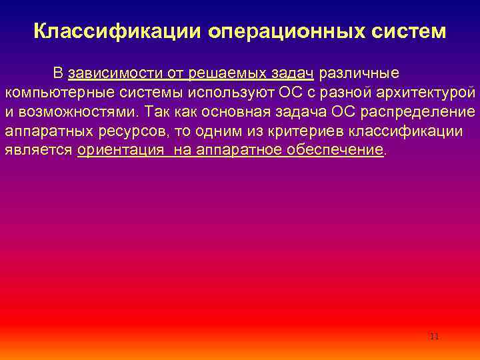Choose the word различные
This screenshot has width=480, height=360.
[361, 73]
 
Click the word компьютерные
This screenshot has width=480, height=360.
[53, 92]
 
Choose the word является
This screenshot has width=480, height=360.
[39, 150]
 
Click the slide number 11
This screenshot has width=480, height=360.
[434, 337]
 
